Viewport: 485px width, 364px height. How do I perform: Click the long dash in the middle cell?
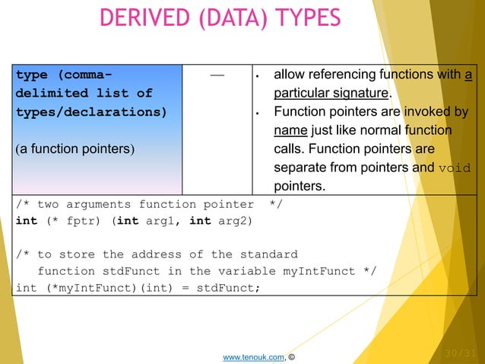click(x=217, y=75)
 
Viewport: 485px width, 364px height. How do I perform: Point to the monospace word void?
click(x=454, y=168)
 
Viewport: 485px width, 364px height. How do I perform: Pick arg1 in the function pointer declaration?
click(x=163, y=221)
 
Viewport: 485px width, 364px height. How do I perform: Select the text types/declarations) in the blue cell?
click(x=90, y=111)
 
